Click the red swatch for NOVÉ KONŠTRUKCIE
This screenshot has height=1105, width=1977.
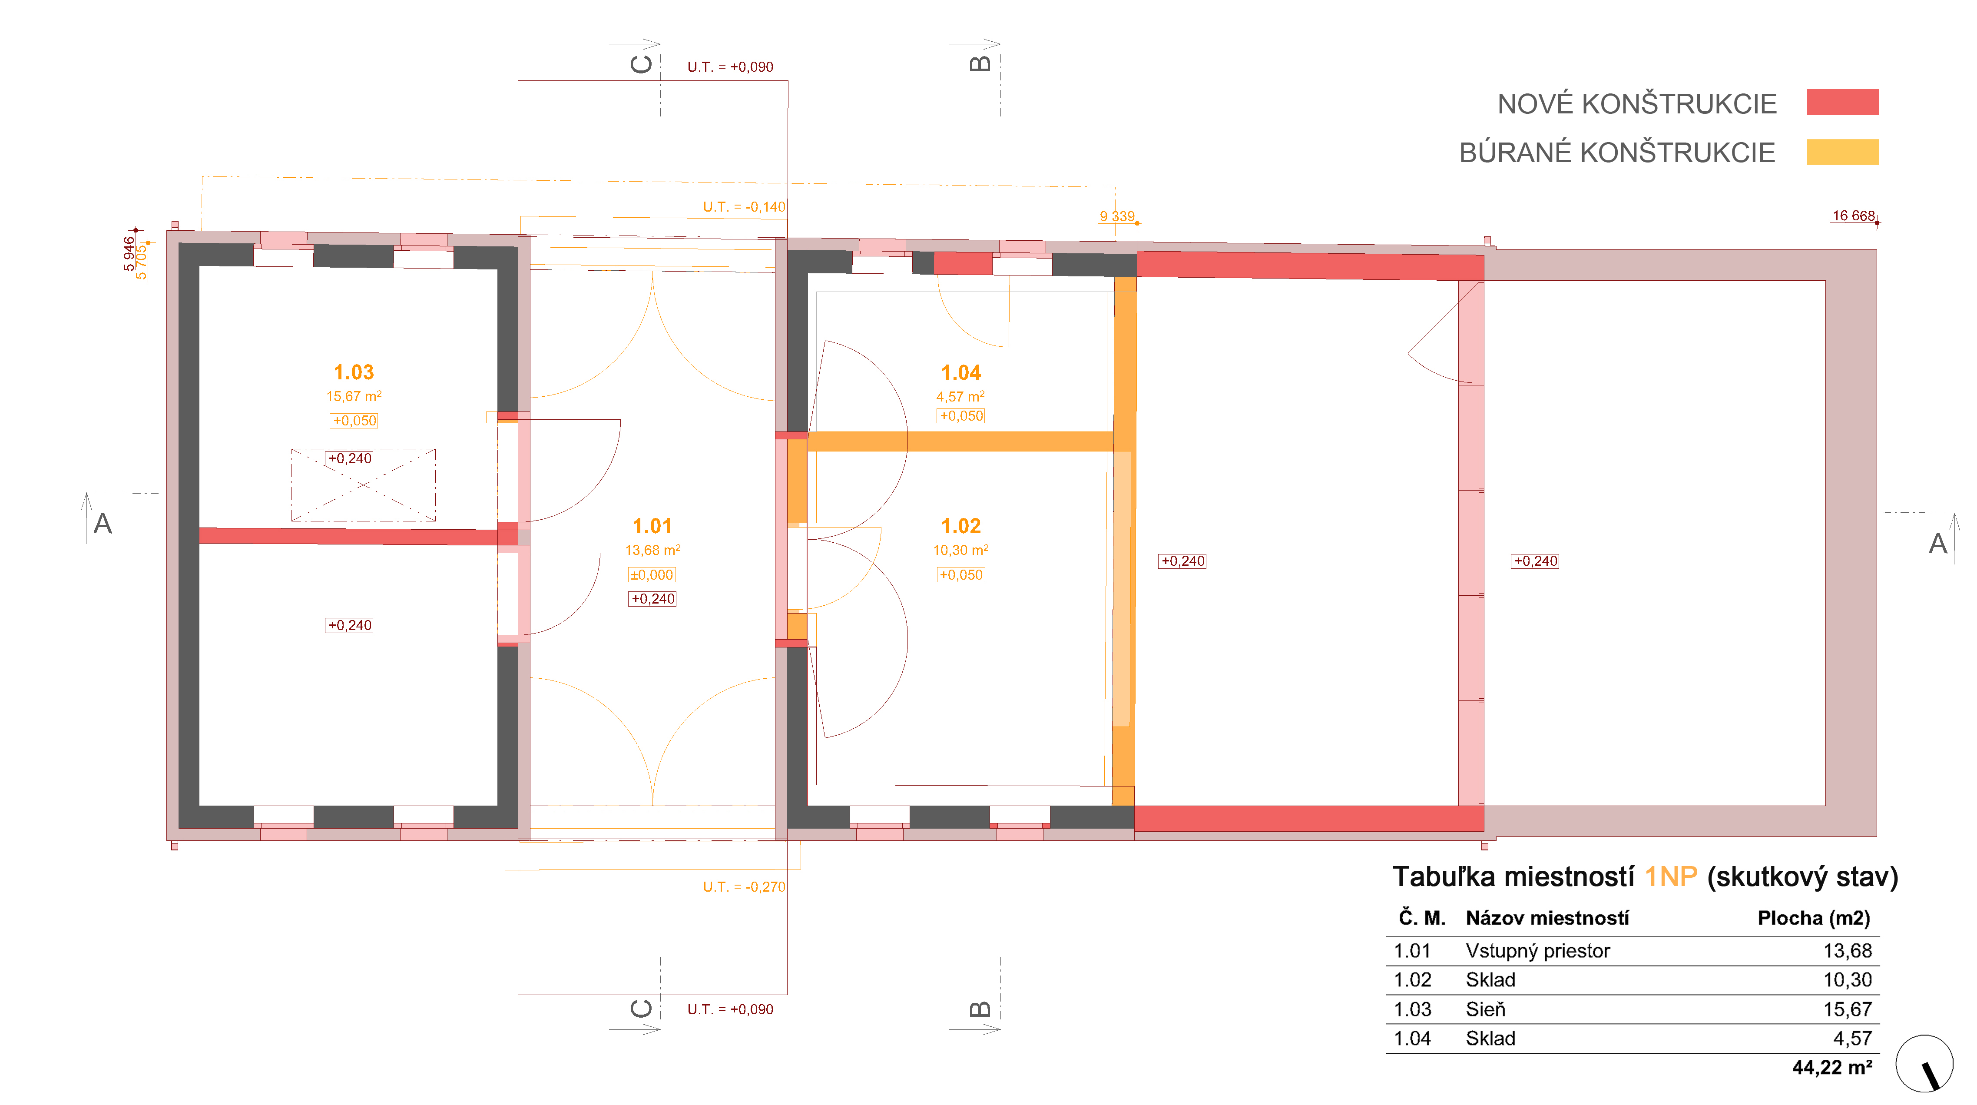pos(1842,102)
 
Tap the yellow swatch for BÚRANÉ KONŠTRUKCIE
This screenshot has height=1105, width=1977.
pos(1842,152)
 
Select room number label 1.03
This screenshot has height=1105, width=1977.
pos(354,372)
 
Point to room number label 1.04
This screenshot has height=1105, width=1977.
pos(961,373)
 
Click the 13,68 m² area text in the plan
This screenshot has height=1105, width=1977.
pos(652,550)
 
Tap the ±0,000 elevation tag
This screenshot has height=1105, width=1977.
pos(652,574)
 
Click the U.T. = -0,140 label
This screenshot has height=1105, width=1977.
pos(744,206)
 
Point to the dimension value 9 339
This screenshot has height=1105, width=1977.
pos(1117,216)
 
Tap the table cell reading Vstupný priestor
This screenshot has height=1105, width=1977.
pos(1537,951)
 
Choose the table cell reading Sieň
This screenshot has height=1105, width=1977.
pos(1485,1009)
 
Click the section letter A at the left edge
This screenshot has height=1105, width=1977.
pos(103,524)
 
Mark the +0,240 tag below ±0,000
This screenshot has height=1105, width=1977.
pos(652,599)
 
